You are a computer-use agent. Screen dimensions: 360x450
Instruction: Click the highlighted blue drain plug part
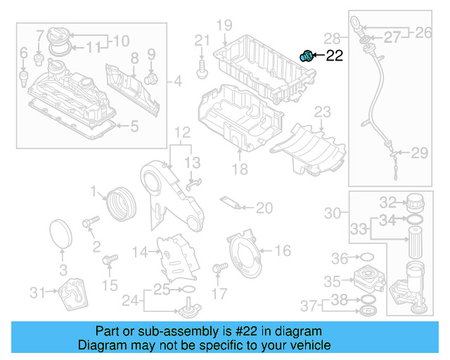coord(307,56)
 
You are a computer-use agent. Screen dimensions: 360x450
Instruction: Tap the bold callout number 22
coord(334,56)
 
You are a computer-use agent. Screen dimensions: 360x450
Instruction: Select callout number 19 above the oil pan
coord(224,26)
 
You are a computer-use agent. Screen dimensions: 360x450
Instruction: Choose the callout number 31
coord(37,292)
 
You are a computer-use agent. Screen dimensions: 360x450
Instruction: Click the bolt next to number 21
coord(202,68)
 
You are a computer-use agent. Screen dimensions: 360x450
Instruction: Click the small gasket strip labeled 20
coord(233,203)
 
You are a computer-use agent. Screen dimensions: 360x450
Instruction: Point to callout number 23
coord(321,112)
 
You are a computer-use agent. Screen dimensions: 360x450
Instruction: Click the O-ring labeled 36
coord(366,258)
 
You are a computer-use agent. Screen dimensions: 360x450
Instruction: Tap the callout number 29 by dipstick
coord(419,153)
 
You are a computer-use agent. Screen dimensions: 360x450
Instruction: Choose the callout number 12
coord(182,132)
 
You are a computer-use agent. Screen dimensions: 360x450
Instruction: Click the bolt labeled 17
coord(218,267)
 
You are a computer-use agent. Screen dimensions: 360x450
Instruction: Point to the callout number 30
coord(332,212)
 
